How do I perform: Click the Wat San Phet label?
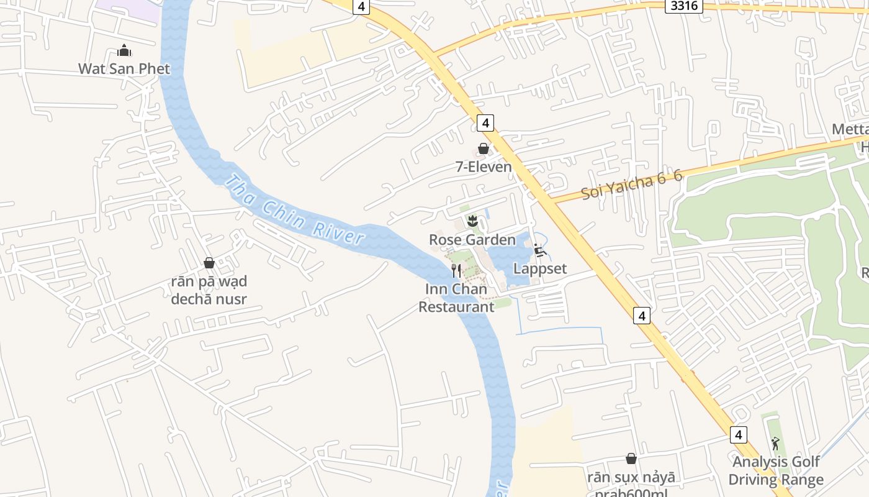pos(124,68)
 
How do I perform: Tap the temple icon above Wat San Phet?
pos(124,50)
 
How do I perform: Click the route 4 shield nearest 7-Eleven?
pos(485,123)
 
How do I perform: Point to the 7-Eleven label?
pos(484,166)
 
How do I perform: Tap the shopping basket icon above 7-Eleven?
pos(484,148)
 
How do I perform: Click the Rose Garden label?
pos(472,239)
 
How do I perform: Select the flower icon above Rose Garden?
pos(472,220)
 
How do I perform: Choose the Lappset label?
pos(540,268)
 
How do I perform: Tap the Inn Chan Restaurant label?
pos(456,298)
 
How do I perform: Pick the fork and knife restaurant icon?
pos(456,270)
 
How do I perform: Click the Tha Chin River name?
pos(294,212)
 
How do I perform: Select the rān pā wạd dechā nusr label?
pos(209,290)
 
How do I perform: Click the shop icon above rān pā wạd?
pos(209,263)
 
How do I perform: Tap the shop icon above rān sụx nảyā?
pos(631,458)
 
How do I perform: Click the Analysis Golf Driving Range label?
pos(775,470)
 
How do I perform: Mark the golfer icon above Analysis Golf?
pos(775,444)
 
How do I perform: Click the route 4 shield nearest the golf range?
pos(738,435)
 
